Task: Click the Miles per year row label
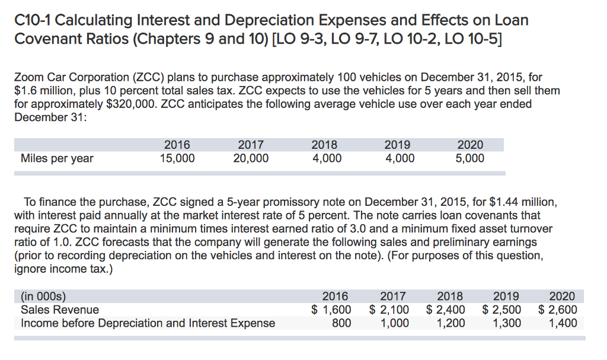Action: (57, 158)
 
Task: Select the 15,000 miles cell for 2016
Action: (177, 158)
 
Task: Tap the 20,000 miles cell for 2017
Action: (251, 158)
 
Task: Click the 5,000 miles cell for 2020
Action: (471, 158)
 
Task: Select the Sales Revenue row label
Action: (60, 310)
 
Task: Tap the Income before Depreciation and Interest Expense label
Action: (148, 323)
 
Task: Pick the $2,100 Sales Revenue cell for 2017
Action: (389, 310)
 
